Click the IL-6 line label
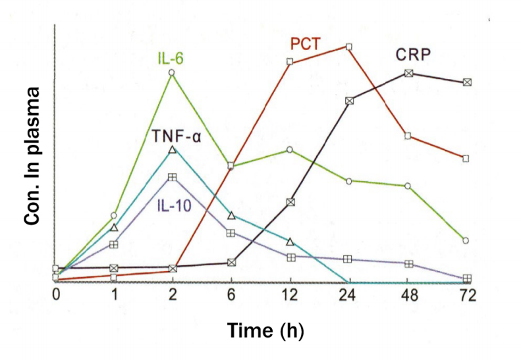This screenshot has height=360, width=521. coord(171,58)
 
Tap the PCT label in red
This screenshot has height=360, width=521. coord(306,45)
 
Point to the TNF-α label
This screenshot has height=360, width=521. coord(177,137)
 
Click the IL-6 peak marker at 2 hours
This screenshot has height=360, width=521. coord(172,73)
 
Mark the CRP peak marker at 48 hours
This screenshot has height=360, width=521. coord(408,73)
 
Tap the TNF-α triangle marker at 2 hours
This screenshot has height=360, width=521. coord(172,150)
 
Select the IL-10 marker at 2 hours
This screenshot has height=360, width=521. coord(172,177)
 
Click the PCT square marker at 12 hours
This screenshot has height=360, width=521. coord(290,62)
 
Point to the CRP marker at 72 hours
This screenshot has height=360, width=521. coord(467,82)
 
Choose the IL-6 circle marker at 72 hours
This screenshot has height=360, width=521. coord(466,240)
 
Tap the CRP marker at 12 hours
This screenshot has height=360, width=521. coord(290,202)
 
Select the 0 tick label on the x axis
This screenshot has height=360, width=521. coord(56,296)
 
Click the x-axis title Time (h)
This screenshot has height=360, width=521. coord(265,330)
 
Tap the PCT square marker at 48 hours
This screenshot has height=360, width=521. coord(408,136)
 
